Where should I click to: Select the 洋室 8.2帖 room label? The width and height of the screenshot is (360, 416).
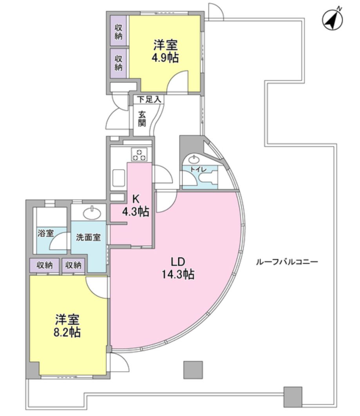tap(67, 326)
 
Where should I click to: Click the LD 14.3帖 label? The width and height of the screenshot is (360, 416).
tap(178, 268)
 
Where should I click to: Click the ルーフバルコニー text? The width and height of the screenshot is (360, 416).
tap(287, 262)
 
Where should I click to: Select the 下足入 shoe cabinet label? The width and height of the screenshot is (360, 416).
tap(148, 99)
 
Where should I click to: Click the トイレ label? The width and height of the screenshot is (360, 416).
tap(196, 169)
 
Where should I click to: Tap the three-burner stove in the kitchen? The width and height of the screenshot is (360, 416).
tap(139, 154)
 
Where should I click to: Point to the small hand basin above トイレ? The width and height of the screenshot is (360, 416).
tap(194, 159)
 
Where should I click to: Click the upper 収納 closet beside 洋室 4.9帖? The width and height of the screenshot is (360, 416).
tap(118, 32)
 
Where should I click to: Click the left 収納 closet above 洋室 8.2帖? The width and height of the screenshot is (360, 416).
tap(45, 265)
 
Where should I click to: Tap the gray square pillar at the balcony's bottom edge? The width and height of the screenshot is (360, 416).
tap(293, 396)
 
